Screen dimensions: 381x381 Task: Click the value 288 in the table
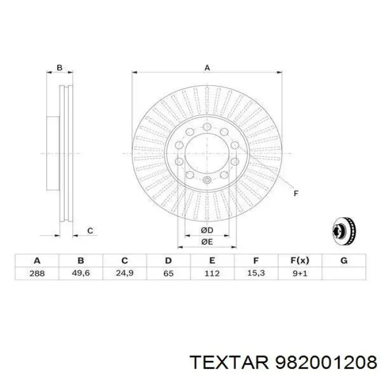pyautogui.click(x=37, y=273)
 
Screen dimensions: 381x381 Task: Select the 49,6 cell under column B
pyautogui.click(x=81, y=273)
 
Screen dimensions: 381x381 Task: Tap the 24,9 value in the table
pyautogui.click(x=125, y=273)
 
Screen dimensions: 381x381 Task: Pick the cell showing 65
pyautogui.click(x=168, y=273)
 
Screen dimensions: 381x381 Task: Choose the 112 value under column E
pyautogui.click(x=212, y=273)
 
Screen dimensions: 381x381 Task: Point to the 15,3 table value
pyautogui.click(x=256, y=273)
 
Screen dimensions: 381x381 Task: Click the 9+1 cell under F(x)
pyautogui.click(x=299, y=273)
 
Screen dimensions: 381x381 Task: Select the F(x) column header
pyautogui.click(x=299, y=261)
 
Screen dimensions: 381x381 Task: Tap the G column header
pyautogui.click(x=343, y=261)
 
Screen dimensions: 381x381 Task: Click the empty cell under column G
pyautogui.click(x=343, y=273)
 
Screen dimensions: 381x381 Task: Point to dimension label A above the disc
pyautogui.click(x=207, y=68)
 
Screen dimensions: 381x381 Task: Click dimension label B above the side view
pyautogui.click(x=60, y=68)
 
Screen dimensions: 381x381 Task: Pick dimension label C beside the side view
pyautogui.click(x=90, y=231)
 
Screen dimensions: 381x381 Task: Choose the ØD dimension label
pyautogui.click(x=206, y=231)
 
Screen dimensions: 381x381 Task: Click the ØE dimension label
pyautogui.click(x=206, y=242)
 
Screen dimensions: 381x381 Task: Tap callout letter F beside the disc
pyautogui.click(x=296, y=193)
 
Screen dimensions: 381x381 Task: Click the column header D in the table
pyautogui.click(x=168, y=261)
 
